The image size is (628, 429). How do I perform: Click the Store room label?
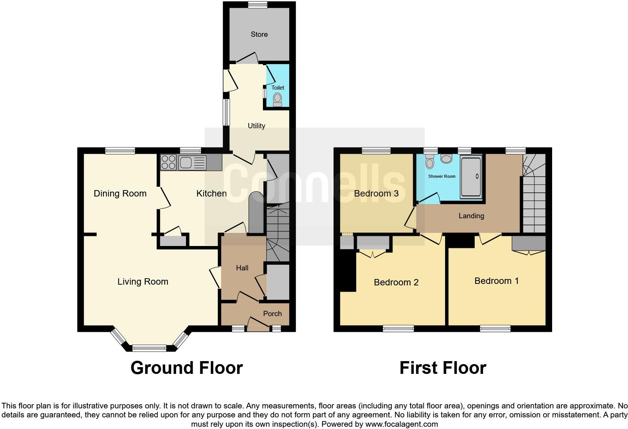pos(259,34)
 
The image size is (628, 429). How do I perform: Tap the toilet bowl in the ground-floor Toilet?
pos(278,99)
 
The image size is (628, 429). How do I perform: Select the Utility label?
pos(257,126)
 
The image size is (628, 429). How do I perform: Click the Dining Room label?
pos(120,193)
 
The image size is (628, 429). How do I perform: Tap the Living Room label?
pos(143,282)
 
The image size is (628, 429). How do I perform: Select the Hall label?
pos(242,268)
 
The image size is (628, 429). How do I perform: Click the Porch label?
pos(272,314)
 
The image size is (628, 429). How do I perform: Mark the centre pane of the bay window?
pos(149,348)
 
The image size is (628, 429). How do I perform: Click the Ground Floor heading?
pos(187,368)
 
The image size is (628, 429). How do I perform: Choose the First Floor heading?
pos(443,368)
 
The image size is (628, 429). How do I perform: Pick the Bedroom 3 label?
pos(376,193)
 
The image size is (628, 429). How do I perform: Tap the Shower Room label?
pos(442,176)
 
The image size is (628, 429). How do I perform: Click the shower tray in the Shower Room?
pos(470,177)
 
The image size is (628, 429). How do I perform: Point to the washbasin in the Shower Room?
pos(447,159)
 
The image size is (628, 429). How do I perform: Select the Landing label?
pos(471,216)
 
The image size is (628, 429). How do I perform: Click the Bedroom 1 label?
pos(497,281)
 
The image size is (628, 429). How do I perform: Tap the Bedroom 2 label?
pos(396,282)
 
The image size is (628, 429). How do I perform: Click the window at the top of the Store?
pos(258,5)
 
